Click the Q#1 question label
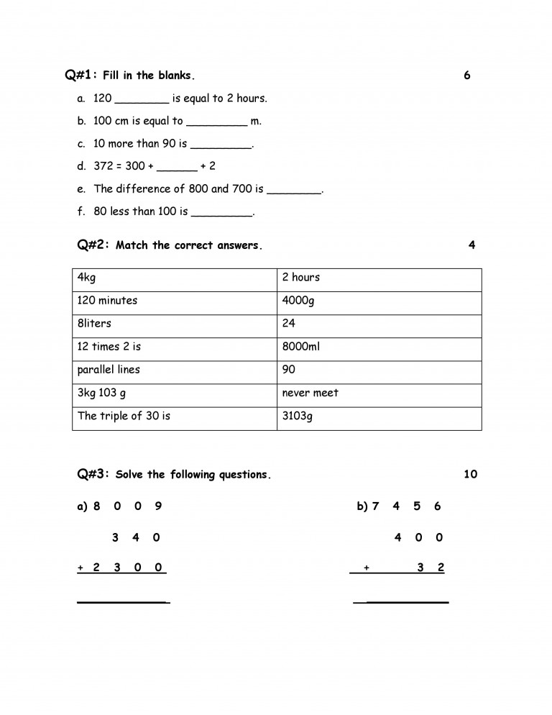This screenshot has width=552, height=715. (80, 75)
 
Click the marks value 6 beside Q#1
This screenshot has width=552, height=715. (467, 75)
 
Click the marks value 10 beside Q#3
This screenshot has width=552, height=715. (470, 474)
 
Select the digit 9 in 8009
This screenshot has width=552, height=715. (158, 506)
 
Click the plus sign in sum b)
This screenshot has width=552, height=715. (367, 568)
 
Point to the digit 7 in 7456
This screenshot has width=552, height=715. (375, 506)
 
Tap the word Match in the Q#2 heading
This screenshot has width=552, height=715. (132, 245)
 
